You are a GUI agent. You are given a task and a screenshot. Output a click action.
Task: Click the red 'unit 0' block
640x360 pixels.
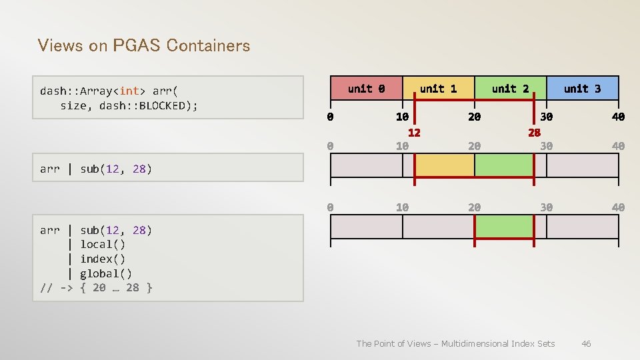pos(366,88)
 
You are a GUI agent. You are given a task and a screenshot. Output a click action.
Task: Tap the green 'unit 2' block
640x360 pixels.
pos(510,88)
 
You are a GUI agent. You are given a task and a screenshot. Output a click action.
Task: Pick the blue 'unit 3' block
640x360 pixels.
pos(582,88)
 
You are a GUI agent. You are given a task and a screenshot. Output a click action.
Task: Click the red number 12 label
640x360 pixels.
pos(414,132)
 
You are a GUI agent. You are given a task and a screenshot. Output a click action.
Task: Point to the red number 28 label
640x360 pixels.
pos(534,132)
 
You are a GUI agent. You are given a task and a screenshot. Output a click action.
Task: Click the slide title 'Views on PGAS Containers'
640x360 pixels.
pos(144,45)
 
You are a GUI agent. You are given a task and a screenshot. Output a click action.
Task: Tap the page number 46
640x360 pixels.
pos(586,343)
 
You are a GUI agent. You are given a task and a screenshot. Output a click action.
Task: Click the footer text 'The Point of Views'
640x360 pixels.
pos(393,343)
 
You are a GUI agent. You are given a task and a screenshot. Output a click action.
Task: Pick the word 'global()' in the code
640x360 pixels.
pos(106,273)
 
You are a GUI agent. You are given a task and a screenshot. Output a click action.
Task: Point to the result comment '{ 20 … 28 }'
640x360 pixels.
pos(116,288)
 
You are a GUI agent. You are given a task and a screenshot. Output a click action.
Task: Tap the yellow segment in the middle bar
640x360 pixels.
pos(444,165)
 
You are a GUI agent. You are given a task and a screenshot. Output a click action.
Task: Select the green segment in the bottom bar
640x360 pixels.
pos(504,227)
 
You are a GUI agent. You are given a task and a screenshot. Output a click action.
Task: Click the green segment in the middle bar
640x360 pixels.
pos(504,165)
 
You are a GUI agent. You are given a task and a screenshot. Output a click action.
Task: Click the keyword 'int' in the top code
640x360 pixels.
pos(129,91)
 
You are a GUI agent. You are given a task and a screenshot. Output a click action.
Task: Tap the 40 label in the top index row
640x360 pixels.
pos(618,117)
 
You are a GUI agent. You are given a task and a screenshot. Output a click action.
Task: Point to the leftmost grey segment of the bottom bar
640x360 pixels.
pos(366,227)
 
